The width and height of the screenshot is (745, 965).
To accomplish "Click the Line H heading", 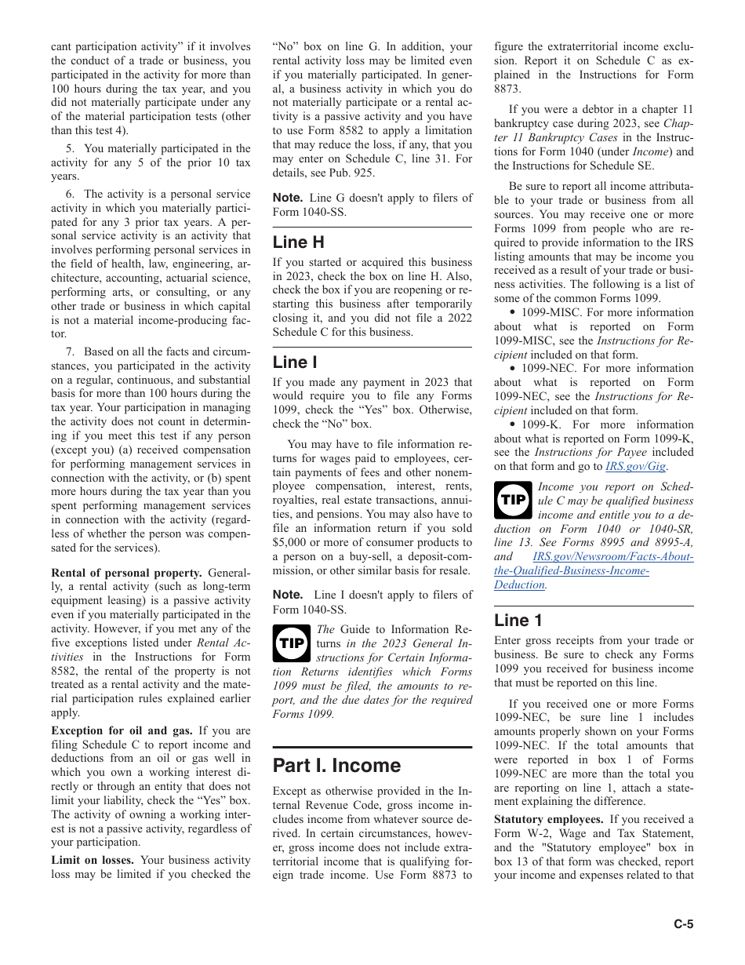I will pos(298,242).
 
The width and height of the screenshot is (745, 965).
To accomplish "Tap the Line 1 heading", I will pos(518,620).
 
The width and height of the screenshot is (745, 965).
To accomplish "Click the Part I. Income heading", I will pos(336,765).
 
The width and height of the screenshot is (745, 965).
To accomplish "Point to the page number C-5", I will pos(683,923).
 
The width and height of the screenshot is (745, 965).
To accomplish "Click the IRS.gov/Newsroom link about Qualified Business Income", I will pos(594,570).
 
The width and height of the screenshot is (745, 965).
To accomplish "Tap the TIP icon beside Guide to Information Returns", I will pos(291,643).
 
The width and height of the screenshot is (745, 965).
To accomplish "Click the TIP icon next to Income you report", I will pos(513,500).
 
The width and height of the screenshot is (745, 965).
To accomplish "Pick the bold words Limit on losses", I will pos(93,860).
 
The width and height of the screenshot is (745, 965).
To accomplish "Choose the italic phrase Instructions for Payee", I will pos(579,452).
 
